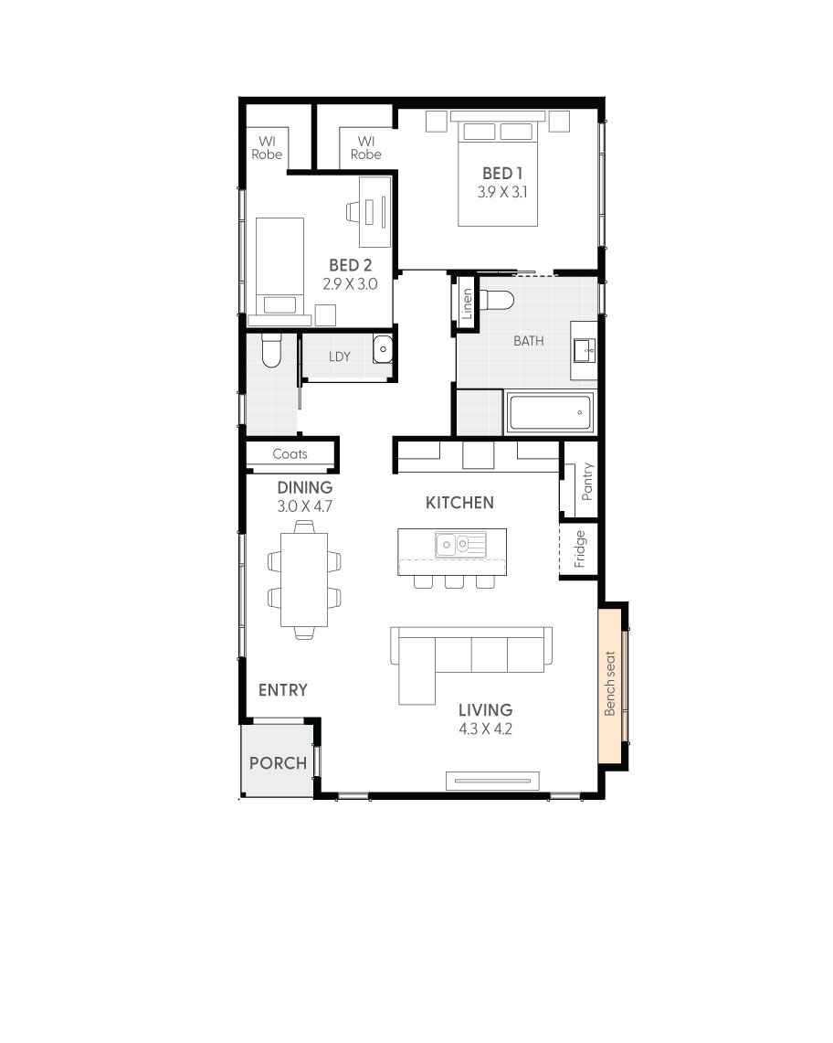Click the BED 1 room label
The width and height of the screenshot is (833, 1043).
pos(501,173)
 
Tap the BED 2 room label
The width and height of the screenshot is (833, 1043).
pos(350,265)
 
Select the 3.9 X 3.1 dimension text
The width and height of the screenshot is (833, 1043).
pos(501,193)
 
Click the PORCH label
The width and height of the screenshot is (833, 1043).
pos(278,762)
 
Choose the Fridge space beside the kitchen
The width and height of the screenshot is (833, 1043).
pos(579,548)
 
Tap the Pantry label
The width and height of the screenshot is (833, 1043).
pos(586,481)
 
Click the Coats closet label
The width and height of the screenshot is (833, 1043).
pos(290,453)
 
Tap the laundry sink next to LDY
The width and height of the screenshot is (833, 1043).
pos(383,349)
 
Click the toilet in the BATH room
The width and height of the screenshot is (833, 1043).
pos(499,301)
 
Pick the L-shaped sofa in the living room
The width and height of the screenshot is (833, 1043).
pos(469,655)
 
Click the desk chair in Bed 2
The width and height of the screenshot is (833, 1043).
pos(354,212)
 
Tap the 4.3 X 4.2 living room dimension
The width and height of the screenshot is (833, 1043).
pos(486,729)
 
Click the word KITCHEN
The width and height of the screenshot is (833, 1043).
pos(459,503)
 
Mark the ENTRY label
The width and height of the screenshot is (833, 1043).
pos(282,690)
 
